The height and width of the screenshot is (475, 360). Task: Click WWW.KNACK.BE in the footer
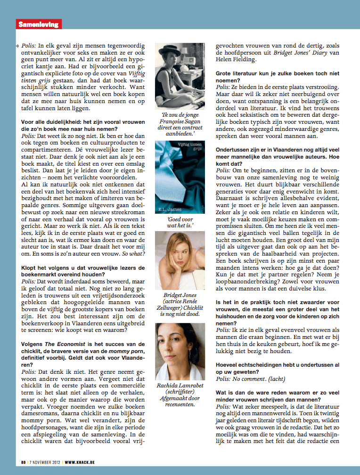(80, 463)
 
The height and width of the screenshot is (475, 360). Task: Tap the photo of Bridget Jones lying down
(180, 260)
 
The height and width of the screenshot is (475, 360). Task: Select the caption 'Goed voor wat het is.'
(180, 222)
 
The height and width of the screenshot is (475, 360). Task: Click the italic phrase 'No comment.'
(257, 379)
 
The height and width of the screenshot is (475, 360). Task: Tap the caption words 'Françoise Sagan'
(180, 121)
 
